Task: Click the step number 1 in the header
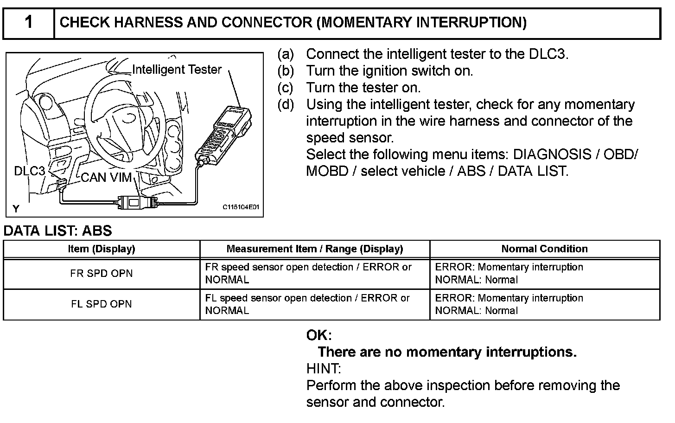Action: point(29,22)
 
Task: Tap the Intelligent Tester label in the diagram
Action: point(177,70)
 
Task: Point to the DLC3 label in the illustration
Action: point(30,171)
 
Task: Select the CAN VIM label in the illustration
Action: point(106,177)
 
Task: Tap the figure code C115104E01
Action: point(240,207)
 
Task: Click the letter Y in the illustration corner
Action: point(16,209)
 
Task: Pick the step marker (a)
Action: point(286,54)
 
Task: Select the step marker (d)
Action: point(286,104)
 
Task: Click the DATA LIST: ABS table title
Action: point(58,231)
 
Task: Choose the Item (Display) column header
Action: point(102,249)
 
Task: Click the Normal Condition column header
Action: point(544,249)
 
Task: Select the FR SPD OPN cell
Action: point(102,274)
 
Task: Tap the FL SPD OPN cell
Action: point(102,304)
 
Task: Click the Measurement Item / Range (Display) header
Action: point(315,249)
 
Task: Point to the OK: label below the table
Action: point(319,335)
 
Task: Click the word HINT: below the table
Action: point(324,369)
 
